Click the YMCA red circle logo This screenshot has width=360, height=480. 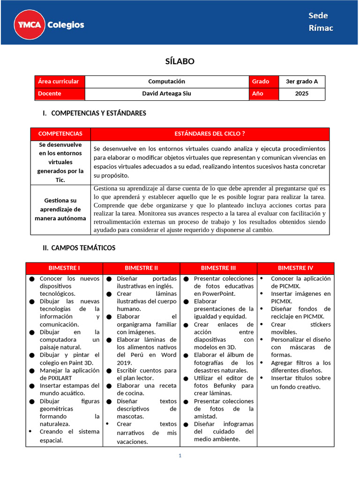point(30,24)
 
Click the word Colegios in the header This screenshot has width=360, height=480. point(66,25)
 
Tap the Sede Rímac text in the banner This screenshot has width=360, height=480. point(321,22)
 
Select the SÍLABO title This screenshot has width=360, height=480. point(180,61)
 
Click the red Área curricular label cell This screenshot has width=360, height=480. point(60,82)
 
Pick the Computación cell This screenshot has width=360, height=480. point(166,82)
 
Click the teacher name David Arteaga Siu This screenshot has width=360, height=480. point(166,93)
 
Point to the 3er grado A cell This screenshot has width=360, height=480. point(301,82)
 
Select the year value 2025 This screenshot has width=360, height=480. point(301,93)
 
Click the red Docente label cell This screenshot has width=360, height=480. point(60,93)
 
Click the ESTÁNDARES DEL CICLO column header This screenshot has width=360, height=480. point(210,134)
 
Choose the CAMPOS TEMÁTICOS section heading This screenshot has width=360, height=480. point(83,247)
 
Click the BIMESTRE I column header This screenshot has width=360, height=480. point(64,268)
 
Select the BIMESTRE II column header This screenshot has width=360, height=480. point(141,268)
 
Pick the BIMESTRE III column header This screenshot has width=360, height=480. point(218,268)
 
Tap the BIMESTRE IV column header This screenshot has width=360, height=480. point(295,268)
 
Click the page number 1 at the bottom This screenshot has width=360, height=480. point(180,456)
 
